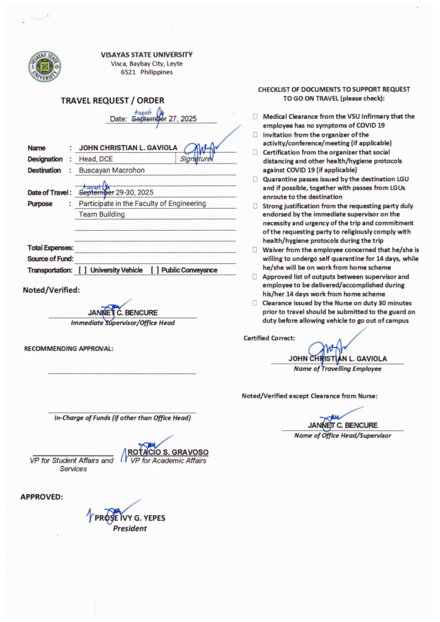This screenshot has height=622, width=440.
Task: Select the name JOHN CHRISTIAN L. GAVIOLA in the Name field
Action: [x=128, y=148]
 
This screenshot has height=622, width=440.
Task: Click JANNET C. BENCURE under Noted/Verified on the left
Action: [x=122, y=313]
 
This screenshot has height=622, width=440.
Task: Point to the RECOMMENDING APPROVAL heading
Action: [x=69, y=348]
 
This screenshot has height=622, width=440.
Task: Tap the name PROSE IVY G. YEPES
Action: [x=130, y=518]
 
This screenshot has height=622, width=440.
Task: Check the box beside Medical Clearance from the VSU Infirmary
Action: [x=255, y=116]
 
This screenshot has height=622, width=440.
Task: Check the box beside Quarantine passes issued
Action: [x=255, y=179]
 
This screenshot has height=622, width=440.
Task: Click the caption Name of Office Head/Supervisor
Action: [x=342, y=435]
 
